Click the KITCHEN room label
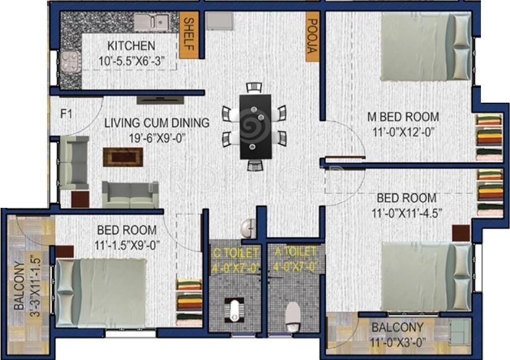tap(131, 46)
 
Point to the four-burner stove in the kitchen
tap(69, 61)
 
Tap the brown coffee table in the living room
tap(123, 156)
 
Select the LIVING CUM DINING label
tap(157, 122)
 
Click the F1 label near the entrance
tap(67, 114)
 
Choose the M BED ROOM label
tap(403, 116)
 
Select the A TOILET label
tap(292, 252)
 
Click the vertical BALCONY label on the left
tap(18, 282)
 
